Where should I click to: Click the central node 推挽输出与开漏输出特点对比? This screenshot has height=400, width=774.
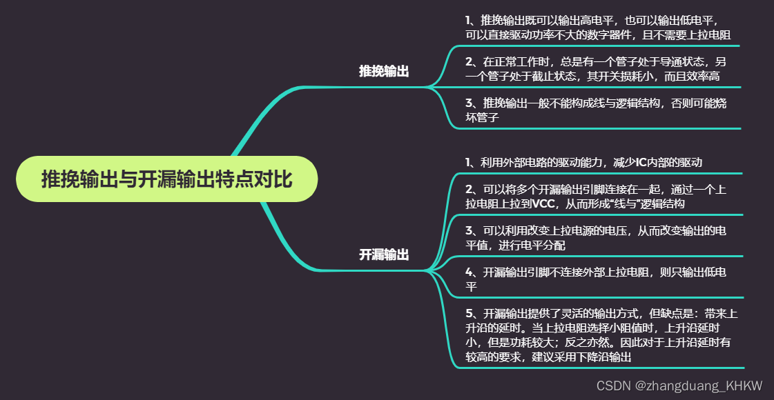(x=166, y=179)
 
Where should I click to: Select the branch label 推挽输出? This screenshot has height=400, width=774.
(x=384, y=71)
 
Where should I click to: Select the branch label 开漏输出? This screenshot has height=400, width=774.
(x=384, y=254)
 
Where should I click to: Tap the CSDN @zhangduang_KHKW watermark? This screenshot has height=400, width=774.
(x=679, y=386)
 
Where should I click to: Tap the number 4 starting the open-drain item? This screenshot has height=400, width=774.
(x=469, y=272)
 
